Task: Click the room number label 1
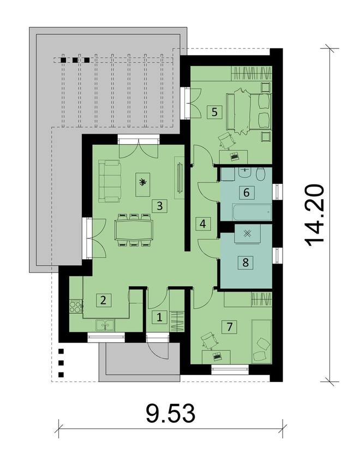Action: pyautogui.click(x=159, y=316)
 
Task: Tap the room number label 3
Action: pyautogui.click(x=159, y=206)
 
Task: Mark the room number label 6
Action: pyautogui.click(x=246, y=192)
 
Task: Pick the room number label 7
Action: pyautogui.click(x=230, y=327)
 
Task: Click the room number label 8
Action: pyautogui.click(x=245, y=262)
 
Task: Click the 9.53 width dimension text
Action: pyautogui.click(x=170, y=414)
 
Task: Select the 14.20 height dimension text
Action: pyautogui.click(x=316, y=215)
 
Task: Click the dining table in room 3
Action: pyautogui.click(x=134, y=230)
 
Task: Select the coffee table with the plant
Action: pyautogui.click(x=143, y=183)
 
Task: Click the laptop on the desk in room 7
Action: pyautogui.click(x=218, y=356)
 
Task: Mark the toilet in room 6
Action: pyautogui.click(x=260, y=175)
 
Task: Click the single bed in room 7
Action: pyautogui.click(x=261, y=341)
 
